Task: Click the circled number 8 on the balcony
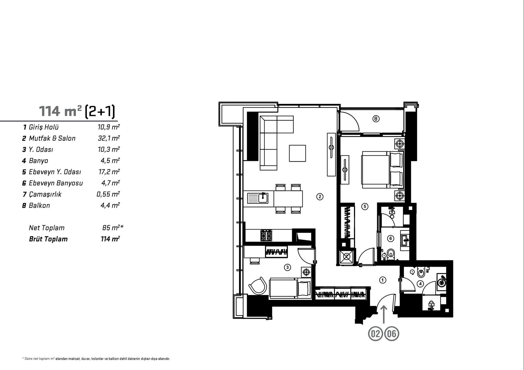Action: pos(376,119)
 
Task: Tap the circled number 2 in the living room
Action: pos(320,197)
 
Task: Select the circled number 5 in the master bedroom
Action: pos(365,206)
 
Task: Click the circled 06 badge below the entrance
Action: pos(392,334)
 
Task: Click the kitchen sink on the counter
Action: pos(258,198)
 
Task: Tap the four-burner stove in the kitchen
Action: pos(266,236)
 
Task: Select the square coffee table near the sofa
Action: pos(297,153)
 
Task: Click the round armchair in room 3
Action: pos(258,286)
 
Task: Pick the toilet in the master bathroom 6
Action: pos(391,254)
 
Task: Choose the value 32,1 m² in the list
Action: pos(109,138)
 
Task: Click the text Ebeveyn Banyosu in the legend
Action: pos(56,183)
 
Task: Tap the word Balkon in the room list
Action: pos(39,206)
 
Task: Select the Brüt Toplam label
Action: pos(48,239)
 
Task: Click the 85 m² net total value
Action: pos(112,228)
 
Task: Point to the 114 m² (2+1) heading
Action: pos(77,111)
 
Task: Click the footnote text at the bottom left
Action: pos(96,359)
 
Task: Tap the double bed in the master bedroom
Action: pos(382,170)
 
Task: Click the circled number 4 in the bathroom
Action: pos(420,284)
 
